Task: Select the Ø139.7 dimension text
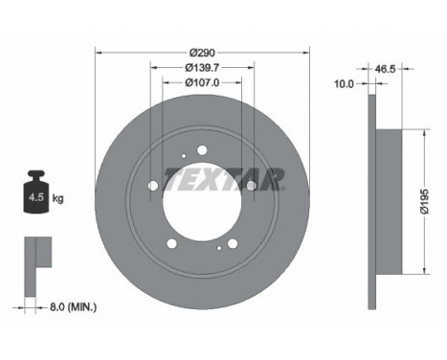pyautogui.click(x=201, y=67)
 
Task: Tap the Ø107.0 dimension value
pyautogui.click(x=201, y=82)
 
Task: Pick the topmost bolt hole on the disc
pyautogui.click(x=201, y=149)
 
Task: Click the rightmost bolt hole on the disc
pyautogui.click(x=251, y=185)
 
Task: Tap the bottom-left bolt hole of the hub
pyautogui.click(x=170, y=243)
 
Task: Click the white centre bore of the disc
pyautogui.click(x=201, y=201)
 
